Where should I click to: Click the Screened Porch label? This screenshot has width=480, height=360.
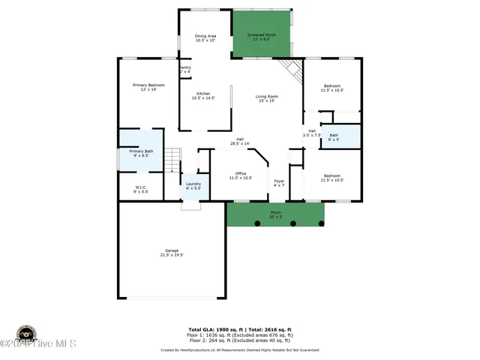point(262,37)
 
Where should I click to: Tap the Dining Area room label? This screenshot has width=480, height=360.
point(205,38)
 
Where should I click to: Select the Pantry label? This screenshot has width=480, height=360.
point(184,70)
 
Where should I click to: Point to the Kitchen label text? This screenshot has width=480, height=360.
point(203,95)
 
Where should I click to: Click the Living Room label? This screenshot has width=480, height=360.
point(267,98)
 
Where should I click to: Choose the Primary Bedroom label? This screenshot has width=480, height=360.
point(148,87)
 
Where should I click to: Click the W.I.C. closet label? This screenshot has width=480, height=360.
point(141,189)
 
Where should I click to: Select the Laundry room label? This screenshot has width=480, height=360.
point(193,186)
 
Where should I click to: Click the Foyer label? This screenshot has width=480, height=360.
point(279,183)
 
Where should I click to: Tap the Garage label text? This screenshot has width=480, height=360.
point(172,253)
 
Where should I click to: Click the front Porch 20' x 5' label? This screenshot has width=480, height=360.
point(276,214)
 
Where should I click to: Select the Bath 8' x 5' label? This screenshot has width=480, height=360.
point(334,137)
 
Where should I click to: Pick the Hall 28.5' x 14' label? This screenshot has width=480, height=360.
point(240,141)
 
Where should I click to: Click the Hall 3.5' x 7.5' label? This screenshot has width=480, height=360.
point(311,133)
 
